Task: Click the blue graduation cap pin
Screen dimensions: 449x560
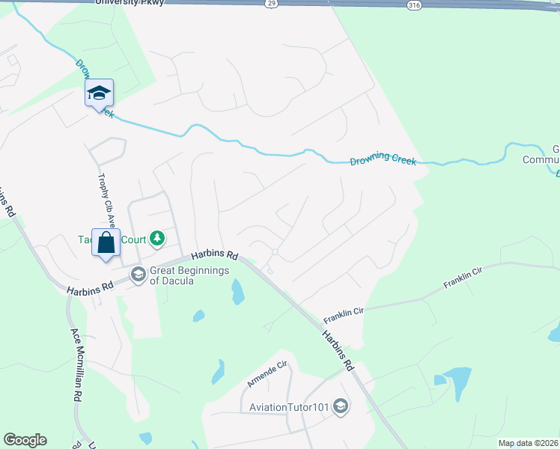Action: pos(99,94)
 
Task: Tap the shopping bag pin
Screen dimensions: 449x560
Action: pos(106,243)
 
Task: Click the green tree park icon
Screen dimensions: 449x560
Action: pos(156,239)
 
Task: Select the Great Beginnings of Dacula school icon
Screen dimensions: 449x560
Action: pos(138,275)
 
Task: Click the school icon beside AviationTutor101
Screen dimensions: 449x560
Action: pos(341,406)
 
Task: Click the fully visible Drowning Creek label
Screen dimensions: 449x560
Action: pos(383,158)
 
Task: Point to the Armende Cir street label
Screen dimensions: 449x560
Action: pos(267,375)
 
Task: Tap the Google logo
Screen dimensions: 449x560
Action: pos(25,440)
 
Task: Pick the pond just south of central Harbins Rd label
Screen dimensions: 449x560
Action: pos(237,291)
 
